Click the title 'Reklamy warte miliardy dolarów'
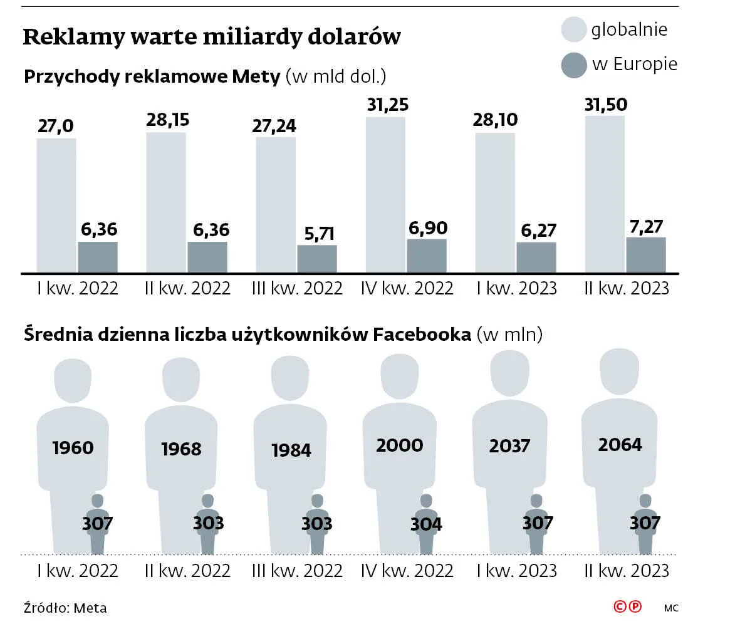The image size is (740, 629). coord(211,37)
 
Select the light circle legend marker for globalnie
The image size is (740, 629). coord(573,29)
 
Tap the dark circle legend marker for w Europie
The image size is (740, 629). coord(573,65)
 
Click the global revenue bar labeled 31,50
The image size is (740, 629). coord(605,194)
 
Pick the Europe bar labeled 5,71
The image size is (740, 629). coord(317,259)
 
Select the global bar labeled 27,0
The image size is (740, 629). coord(56,205)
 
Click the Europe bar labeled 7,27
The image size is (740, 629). coord(646,255)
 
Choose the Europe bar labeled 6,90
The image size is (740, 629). coord(427,256)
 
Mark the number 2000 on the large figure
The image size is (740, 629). coord(399,445)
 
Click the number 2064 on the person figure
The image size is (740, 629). coord(620,444)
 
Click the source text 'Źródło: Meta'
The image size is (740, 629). coord(65,608)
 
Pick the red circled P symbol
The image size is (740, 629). coord(635,606)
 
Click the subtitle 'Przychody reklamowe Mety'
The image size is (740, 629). coord(152,77)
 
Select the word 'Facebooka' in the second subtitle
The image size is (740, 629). coord(421,335)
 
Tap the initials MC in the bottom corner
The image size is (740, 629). coord(671,608)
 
